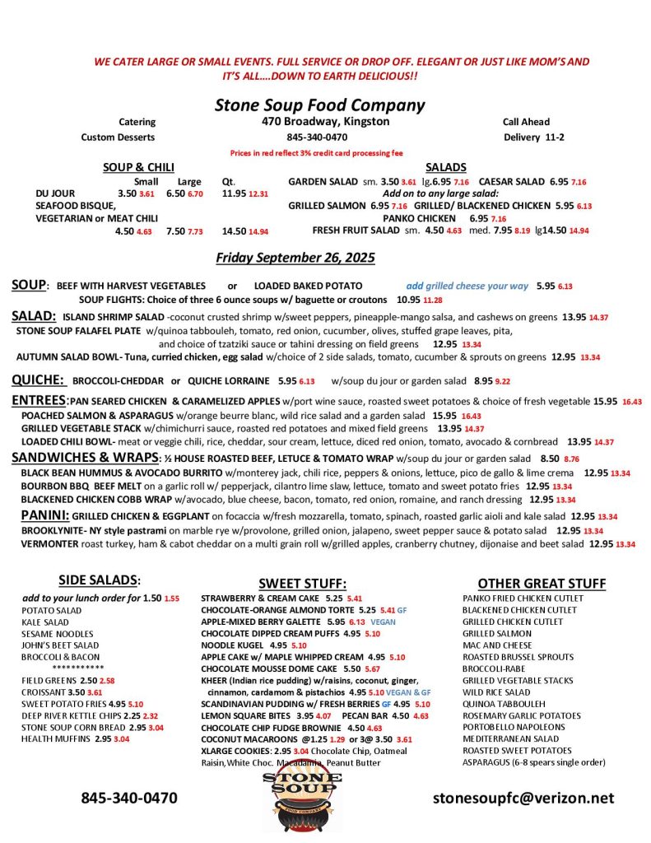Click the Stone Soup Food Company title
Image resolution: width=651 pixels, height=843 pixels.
click(319, 105)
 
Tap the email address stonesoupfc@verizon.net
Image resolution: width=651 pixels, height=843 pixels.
click(523, 798)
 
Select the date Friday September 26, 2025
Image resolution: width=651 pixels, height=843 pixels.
click(295, 258)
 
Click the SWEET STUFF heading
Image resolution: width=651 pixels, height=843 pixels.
click(302, 583)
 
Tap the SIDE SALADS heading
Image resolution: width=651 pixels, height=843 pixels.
click(99, 580)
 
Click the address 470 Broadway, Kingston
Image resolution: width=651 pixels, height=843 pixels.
click(319, 122)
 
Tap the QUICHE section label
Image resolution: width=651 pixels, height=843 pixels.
click(38, 380)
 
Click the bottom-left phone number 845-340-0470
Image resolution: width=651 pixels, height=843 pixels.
click(128, 798)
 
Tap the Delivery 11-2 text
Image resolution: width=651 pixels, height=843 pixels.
click(533, 137)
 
